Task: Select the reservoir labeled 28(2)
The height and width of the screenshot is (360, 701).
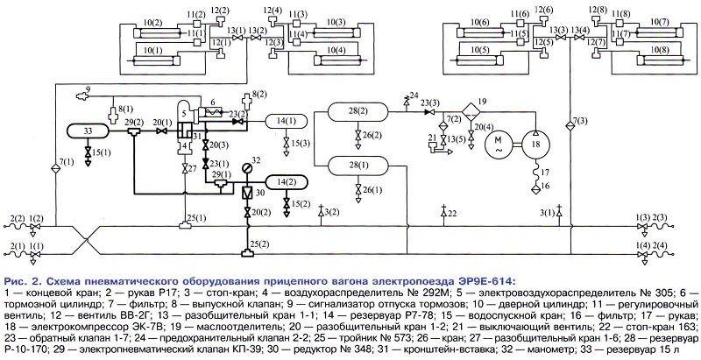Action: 358,113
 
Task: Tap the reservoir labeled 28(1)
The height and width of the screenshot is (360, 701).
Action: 358,165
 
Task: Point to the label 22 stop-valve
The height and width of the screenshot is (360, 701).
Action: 452,213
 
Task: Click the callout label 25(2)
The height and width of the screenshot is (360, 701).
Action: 258,241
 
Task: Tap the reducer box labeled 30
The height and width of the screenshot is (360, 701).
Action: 246,192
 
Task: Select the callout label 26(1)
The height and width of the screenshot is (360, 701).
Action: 368,189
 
